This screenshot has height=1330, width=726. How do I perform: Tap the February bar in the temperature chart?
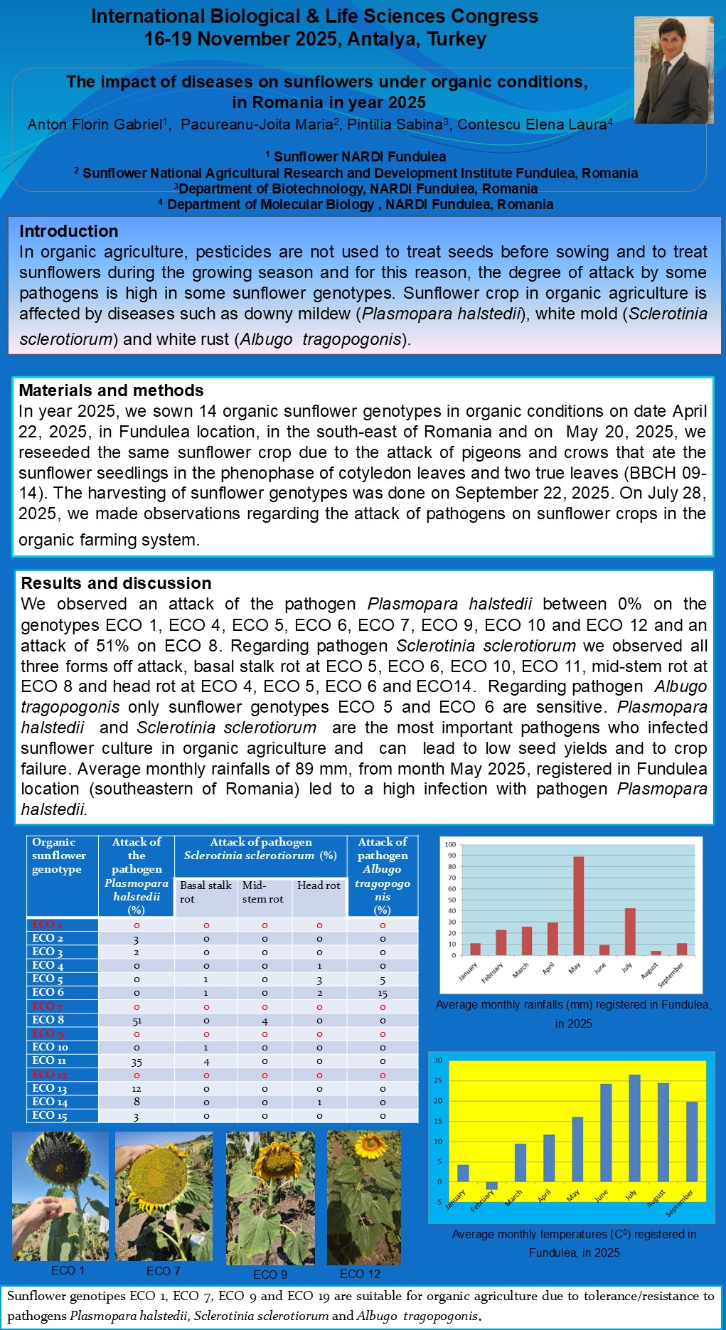pyautogui.click(x=491, y=1186)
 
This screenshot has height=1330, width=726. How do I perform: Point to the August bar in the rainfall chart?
pyautogui.click(x=656, y=953)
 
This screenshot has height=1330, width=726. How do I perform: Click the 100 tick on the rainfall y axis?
pyautogui.click(x=450, y=844)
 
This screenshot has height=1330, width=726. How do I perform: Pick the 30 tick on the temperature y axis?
pyautogui.click(x=438, y=1060)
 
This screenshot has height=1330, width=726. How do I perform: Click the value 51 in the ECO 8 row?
pyautogui.click(x=136, y=1021)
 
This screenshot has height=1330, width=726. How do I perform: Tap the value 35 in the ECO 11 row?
pyautogui.click(x=136, y=1062)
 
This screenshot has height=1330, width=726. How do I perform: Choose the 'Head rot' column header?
pyautogui.click(x=319, y=885)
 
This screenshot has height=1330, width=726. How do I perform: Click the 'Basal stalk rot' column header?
pyautogui.click(x=205, y=892)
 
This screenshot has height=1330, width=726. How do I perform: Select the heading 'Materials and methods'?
pyautogui.click(x=111, y=390)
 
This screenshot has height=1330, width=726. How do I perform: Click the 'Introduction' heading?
pyautogui.click(x=69, y=231)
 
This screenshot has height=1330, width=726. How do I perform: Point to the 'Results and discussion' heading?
pyautogui.click(x=116, y=583)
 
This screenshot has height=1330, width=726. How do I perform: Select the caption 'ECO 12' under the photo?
pyautogui.click(x=360, y=1274)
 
